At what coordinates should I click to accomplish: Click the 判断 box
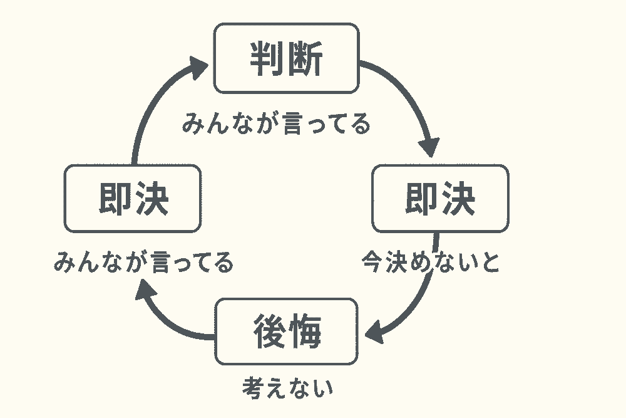pyautogui.click(x=286, y=58)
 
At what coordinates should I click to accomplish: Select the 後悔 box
pyautogui.click(x=286, y=332)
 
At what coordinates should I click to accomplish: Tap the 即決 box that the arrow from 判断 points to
pyautogui.click(x=440, y=199)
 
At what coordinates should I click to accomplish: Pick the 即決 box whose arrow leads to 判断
pyautogui.click(x=133, y=199)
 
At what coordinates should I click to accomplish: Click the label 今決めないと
pyautogui.click(x=431, y=263)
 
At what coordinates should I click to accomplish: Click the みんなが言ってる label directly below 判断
pyautogui.click(x=276, y=124)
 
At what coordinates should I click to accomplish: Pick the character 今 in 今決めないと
pyautogui.click(x=373, y=263)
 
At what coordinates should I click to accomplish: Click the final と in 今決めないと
pyautogui.click(x=490, y=263)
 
